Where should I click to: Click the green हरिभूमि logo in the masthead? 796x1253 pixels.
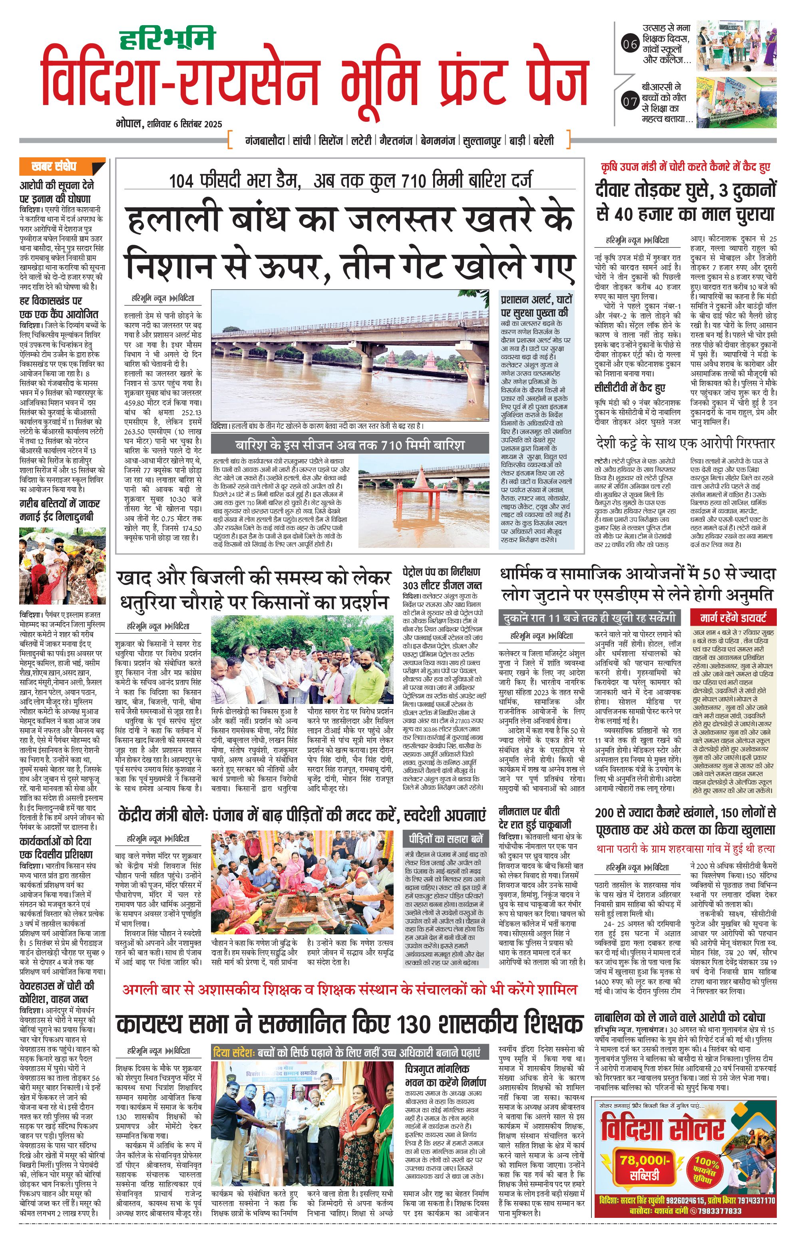click(167, 38)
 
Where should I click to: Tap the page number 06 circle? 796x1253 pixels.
click(630, 44)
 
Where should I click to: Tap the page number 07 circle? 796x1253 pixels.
click(630, 102)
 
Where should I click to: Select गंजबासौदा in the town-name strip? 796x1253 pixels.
click(265, 141)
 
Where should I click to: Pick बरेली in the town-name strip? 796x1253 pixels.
click(543, 141)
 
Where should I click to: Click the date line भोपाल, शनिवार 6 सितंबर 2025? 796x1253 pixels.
click(169, 124)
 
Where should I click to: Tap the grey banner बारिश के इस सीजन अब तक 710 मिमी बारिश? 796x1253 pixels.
click(349, 446)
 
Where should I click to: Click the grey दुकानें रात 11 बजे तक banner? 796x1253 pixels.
click(589, 618)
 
